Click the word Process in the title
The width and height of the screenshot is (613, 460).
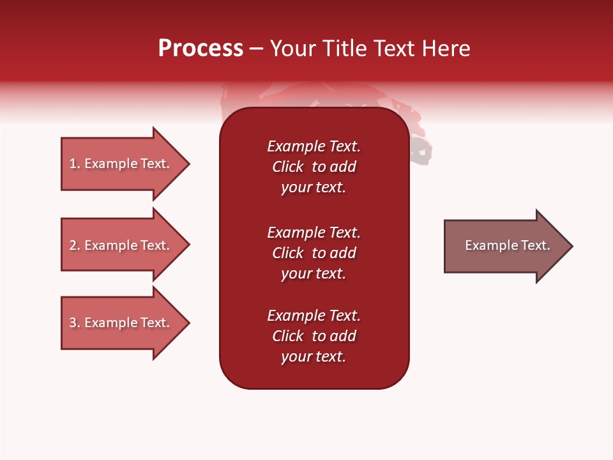[x=201, y=49]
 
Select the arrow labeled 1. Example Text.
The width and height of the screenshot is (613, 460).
[x=119, y=164]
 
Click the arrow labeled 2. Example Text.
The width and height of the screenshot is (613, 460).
[x=119, y=245]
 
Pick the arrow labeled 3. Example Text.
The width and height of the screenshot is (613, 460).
[x=119, y=323]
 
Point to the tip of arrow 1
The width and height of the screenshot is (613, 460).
[x=188, y=164]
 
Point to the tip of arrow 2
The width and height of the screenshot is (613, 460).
[x=188, y=245]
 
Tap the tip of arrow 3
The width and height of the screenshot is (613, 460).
[x=188, y=323]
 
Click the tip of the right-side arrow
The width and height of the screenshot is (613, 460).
[x=571, y=246]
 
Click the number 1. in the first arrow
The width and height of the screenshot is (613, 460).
[x=74, y=164]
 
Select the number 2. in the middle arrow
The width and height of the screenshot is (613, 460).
[x=74, y=245]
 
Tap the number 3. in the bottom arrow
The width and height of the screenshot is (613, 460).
[x=74, y=323]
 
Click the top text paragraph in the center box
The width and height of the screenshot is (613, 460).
[x=314, y=167]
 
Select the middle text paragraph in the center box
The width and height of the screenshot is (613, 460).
[x=314, y=253]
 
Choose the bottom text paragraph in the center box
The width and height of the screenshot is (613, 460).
[x=314, y=336]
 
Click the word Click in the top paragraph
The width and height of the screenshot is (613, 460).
[x=287, y=167]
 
